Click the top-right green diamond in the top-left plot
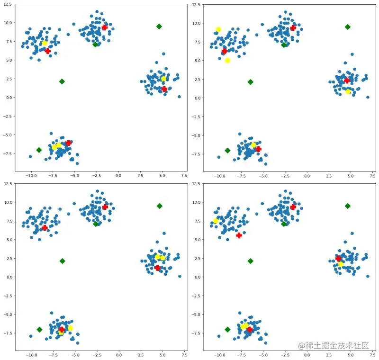point(159,27)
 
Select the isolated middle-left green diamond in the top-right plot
point(250,82)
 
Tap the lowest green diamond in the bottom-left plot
point(39,329)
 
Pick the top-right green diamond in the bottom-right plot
point(347,206)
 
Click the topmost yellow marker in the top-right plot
point(218,29)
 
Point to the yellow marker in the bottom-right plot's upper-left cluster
point(216,221)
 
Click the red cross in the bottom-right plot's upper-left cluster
point(239,235)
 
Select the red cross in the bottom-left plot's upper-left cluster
point(45,228)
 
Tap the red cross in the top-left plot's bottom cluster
point(69,143)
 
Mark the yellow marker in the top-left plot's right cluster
point(163,79)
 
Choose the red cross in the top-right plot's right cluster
point(347,81)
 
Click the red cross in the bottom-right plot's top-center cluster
point(293,207)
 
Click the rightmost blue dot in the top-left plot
point(179,97)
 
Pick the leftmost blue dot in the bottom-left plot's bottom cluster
point(30,336)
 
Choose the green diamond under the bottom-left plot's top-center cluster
point(96,224)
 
